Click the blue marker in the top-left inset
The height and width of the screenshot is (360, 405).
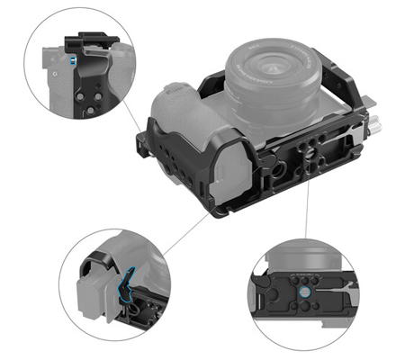(x=69, y=60)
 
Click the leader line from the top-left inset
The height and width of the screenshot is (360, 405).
(x=140, y=113)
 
